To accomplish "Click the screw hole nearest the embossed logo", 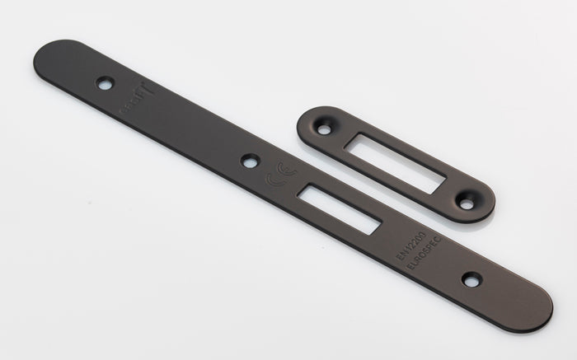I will (105, 82).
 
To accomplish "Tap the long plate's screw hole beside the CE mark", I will (250, 161).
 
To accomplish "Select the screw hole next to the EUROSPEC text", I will (471, 280).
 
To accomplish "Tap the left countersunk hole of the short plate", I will (324, 129).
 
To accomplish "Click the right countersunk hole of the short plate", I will (467, 200).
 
